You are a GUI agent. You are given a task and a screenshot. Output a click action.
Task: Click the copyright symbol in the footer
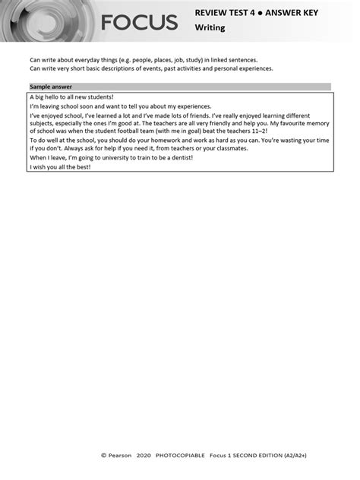coord(104,456)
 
